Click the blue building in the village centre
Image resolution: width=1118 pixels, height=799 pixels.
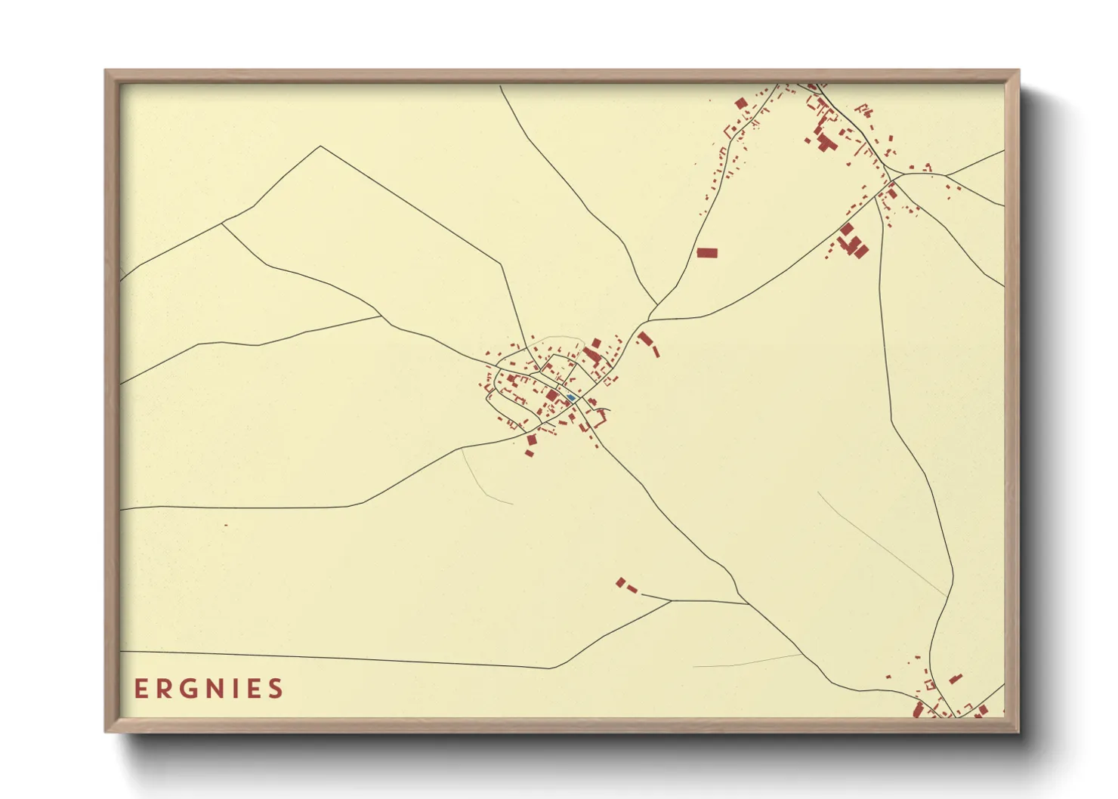571,397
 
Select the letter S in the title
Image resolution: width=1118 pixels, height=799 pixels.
276,689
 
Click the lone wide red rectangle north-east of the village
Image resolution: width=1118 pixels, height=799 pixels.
706,253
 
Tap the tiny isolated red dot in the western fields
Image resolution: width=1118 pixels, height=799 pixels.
226,525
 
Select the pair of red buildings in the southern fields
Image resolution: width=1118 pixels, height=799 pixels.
625,585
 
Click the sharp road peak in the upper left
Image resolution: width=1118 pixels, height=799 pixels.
321,147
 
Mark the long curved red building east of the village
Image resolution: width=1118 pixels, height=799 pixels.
648,344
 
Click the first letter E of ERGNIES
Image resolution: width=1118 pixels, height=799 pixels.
141,689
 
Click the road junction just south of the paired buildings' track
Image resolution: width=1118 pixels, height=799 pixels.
748,603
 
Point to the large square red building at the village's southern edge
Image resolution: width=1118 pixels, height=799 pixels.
531,440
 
